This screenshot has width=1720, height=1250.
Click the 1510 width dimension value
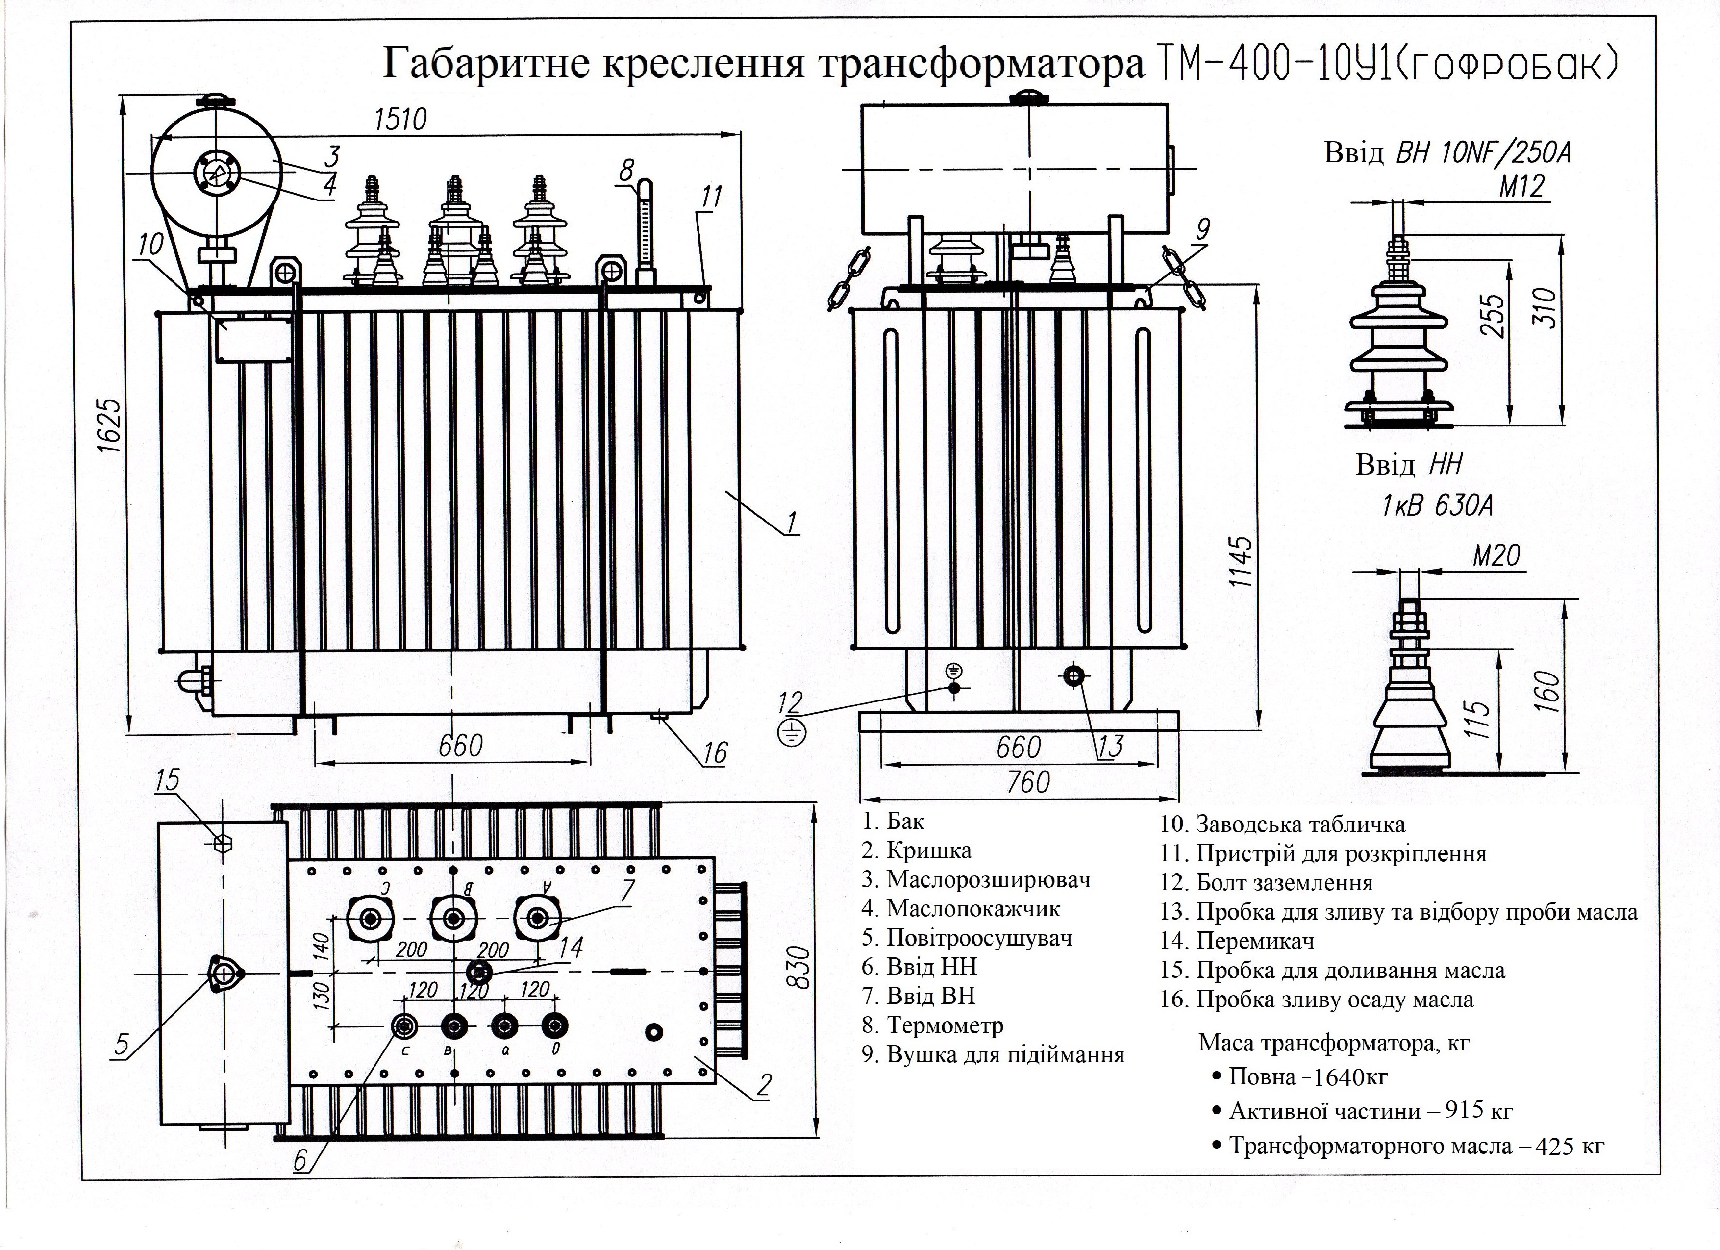pos(400,120)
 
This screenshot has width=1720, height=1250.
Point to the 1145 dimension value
pos(1242,562)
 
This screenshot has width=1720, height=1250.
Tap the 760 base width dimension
pos(1027,782)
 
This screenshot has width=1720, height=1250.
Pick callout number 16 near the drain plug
pos(714,752)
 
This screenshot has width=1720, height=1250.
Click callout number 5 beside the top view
pos(122,1045)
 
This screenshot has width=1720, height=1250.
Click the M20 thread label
pos(1496,555)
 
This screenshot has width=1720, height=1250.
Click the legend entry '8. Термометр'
pos(932,1025)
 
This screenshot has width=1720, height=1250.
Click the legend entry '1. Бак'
pos(894,822)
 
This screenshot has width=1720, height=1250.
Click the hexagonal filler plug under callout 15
pos(222,843)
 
